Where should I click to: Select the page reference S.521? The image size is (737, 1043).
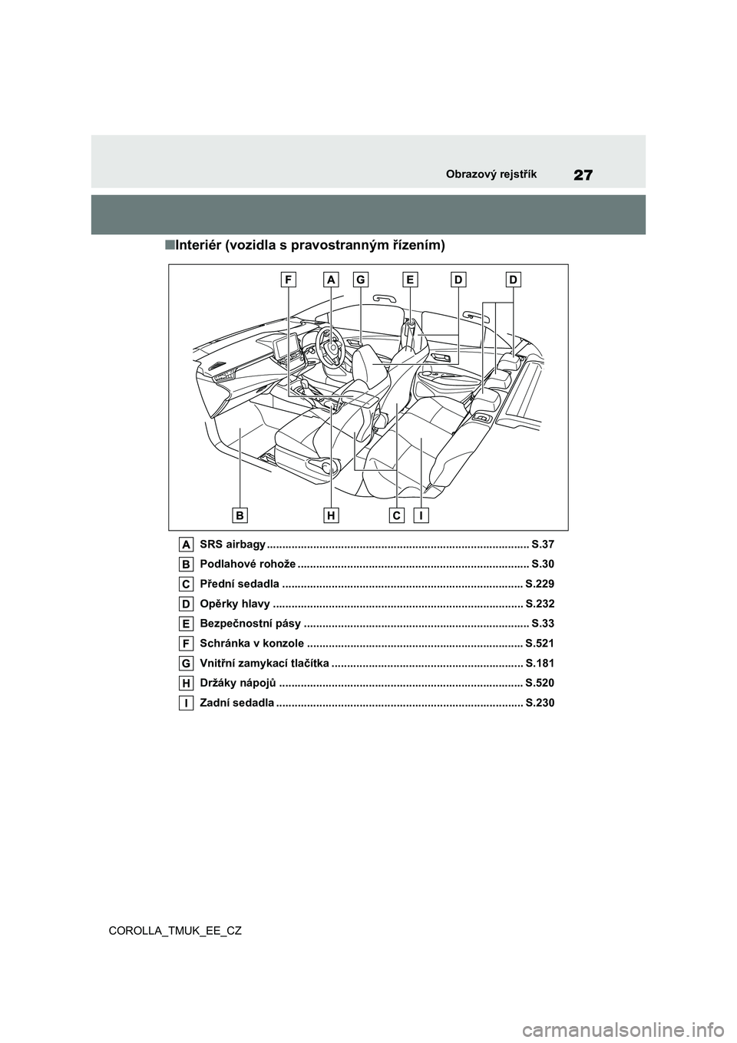[x=539, y=643]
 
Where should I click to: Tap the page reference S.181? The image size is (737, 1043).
[x=539, y=663]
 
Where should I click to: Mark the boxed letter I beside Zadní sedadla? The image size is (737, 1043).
[x=187, y=703]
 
